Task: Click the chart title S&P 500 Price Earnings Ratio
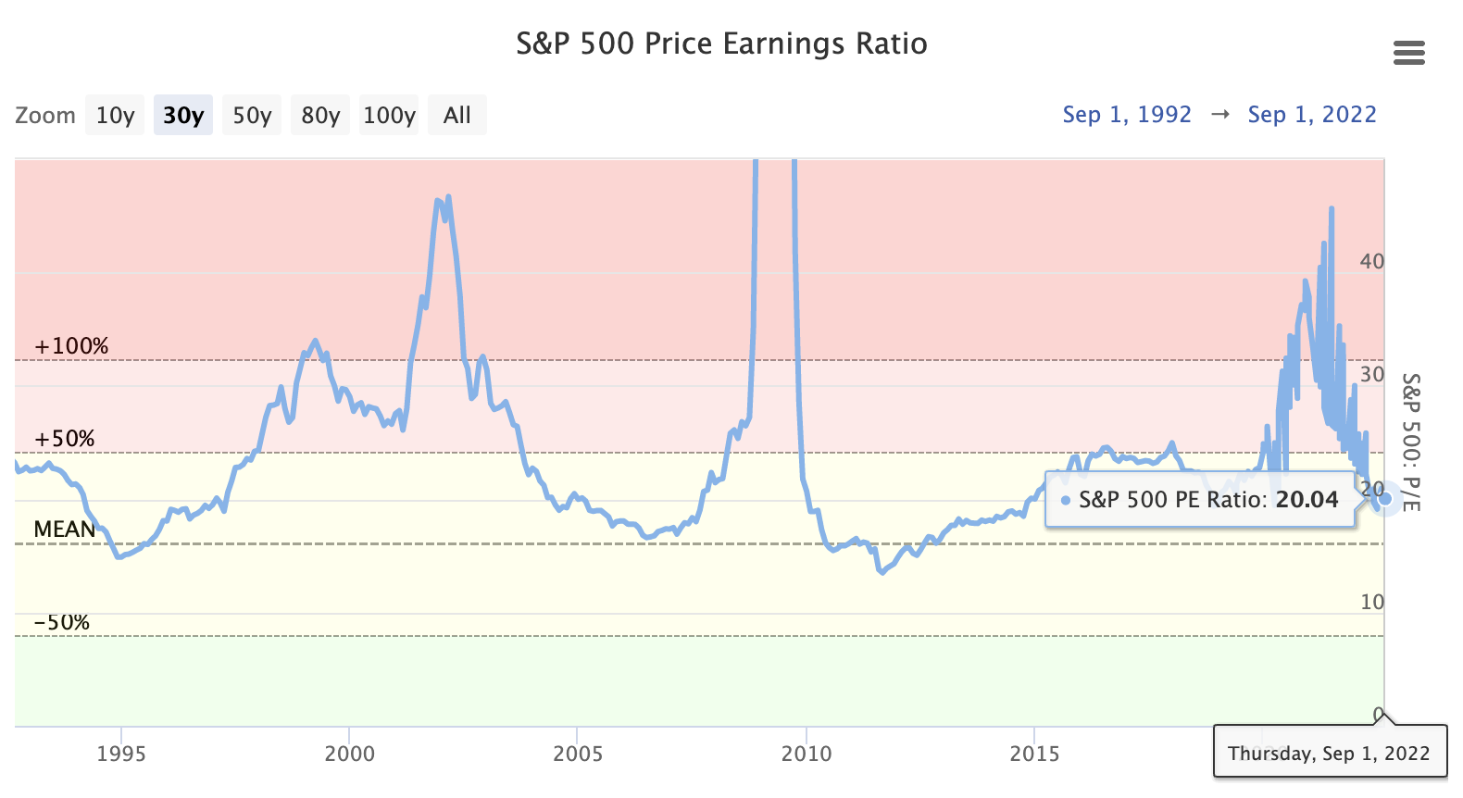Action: (721, 44)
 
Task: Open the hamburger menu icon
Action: (1408, 53)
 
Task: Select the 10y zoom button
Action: (115, 116)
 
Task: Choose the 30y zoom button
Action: (183, 116)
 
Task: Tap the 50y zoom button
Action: (252, 116)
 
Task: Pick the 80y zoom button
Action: (320, 116)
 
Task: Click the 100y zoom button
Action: (389, 116)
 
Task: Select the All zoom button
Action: (457, 116)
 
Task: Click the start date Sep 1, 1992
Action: (1127, 115)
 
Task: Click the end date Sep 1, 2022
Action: (1312, 115)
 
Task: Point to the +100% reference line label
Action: (71, 346)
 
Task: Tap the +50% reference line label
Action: (65, 439)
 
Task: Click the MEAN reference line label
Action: (65, 530)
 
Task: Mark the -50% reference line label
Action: (62, 622)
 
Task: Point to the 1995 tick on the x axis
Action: (121, 754)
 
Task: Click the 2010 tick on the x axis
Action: (807, 754)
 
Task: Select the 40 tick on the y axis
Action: (1371, 262)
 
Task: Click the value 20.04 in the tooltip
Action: (1307, 500)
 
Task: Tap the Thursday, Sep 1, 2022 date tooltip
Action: (1329, 753)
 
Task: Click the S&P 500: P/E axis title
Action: (1410, 443)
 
